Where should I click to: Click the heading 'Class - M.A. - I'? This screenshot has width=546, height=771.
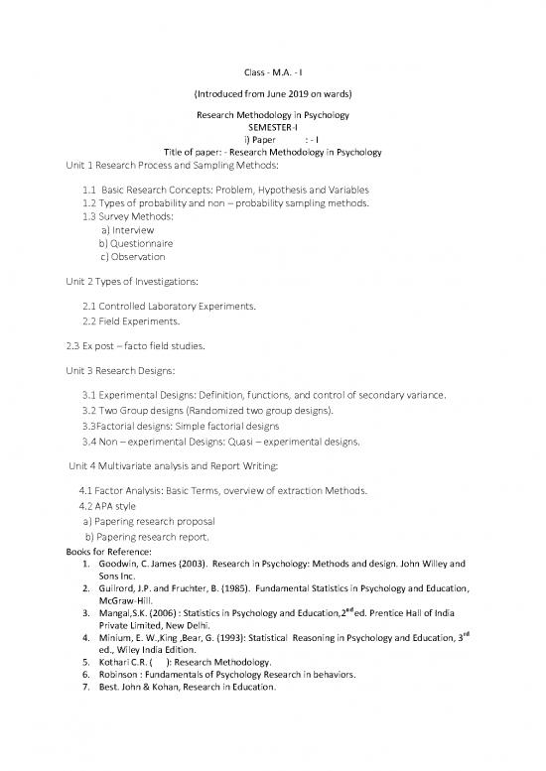point(273,72)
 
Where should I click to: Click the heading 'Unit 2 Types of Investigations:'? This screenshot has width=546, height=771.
point(124,282)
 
